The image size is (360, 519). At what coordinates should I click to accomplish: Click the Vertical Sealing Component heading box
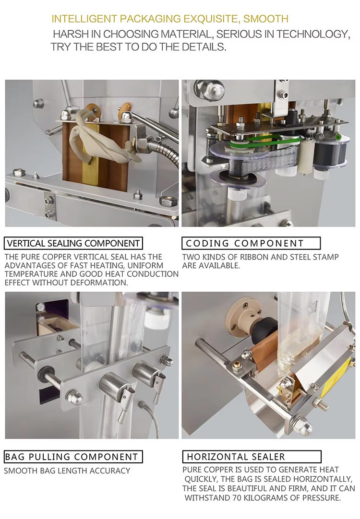[x=73, y=243]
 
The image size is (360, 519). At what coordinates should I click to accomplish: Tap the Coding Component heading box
[x=251, y=243]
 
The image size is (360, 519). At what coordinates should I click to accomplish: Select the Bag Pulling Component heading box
[x=73, y=457]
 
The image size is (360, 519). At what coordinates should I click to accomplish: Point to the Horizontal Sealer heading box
[x=252, y=457]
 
